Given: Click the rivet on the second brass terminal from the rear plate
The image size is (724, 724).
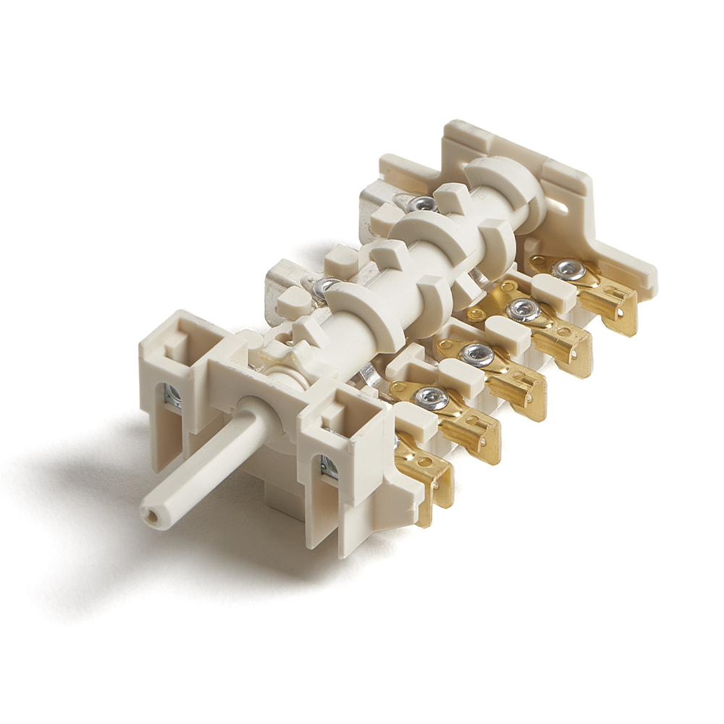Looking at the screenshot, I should pyautogui.click(x=523, y=310).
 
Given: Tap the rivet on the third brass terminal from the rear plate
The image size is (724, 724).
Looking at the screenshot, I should pyautogui.click(x=476, y=354).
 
